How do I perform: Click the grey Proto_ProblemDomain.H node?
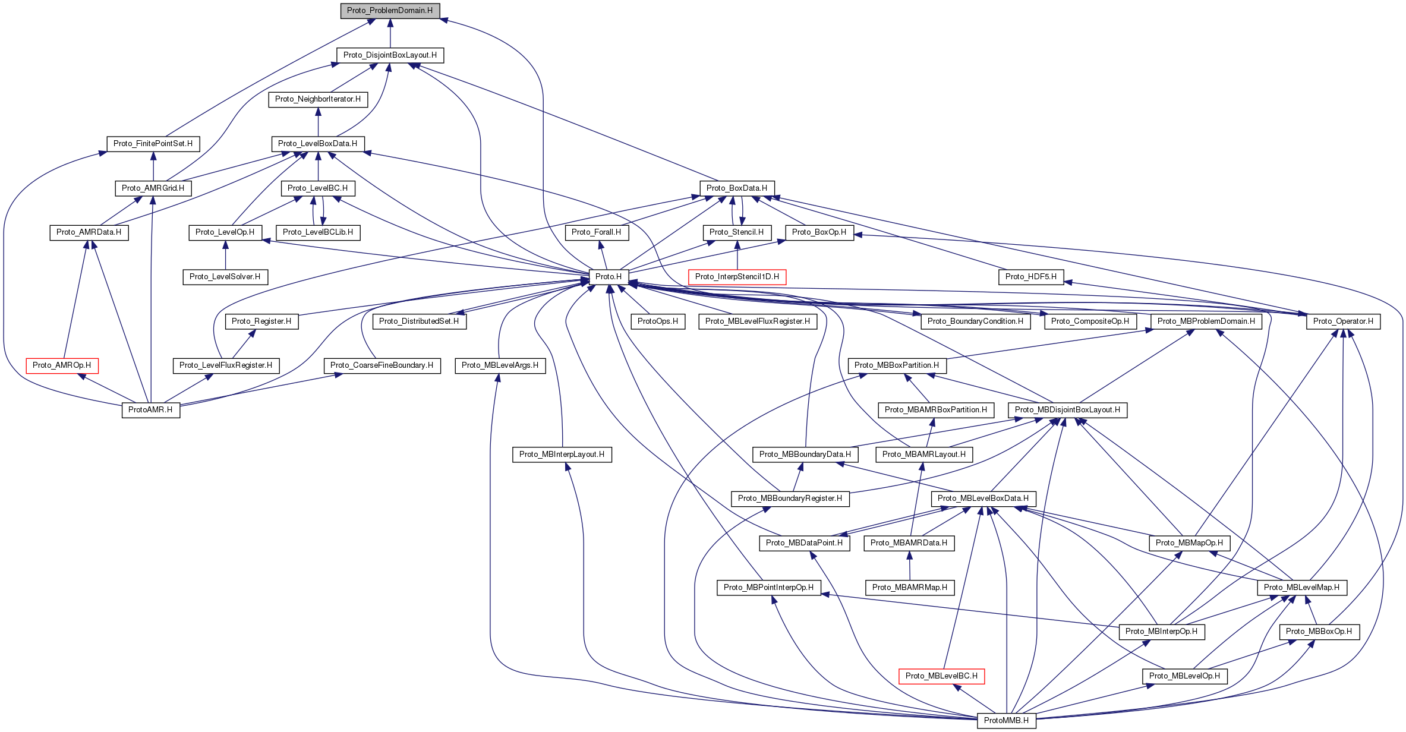tap(390, 11)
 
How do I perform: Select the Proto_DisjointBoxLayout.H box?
tap(390, 55)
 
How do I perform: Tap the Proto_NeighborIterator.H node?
tap(318, 99)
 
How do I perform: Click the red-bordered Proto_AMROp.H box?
tap(62, 365)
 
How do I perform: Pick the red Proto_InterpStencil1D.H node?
tap(737, 277)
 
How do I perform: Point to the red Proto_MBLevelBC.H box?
tap(941, 676)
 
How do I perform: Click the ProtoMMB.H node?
tap(1006, 721)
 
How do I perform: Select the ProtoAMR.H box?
tap(150, 410)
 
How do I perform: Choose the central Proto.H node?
tap(609, 277)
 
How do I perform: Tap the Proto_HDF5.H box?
tap(1031, 277)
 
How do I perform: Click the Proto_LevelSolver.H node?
tap(225, 277)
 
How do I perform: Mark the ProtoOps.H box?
tap(657, 321)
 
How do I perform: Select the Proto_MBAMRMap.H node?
tap(909, 588)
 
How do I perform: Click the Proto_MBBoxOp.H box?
tap(1319, 632)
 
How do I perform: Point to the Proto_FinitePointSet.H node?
tap(153, 144)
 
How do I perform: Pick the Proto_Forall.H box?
tap(596, 232)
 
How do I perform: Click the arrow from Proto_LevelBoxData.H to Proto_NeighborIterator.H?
tap(318, 121)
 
